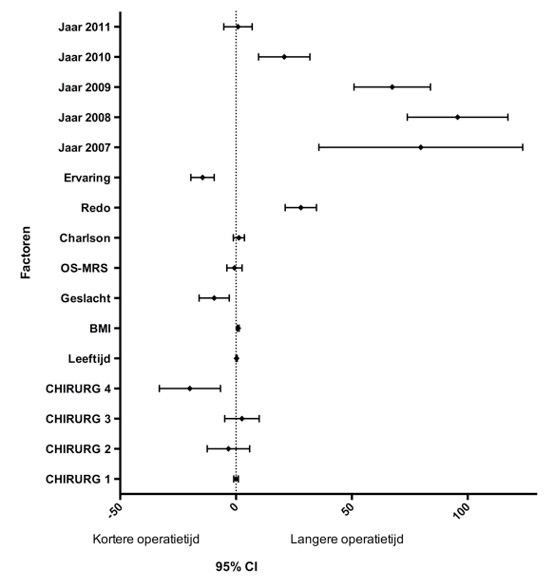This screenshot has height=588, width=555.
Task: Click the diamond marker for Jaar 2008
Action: (x=457, y=118)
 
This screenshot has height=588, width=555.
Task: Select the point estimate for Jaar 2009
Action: (x=392, y=87)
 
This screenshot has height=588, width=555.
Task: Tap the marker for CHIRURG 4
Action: (x=189, y=389)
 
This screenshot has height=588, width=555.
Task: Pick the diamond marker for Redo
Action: (x=300, y=207)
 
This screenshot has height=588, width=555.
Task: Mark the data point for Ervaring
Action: (x=202, y=178)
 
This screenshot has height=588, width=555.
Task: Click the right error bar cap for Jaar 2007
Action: (x=523, y=147)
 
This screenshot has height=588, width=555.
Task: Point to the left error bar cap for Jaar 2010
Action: (x=258, y=57)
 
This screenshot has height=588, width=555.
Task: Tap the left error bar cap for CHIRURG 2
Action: (x=207, y=448)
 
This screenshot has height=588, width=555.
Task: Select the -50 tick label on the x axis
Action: (x=115, y=511)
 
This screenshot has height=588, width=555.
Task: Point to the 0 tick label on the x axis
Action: (x=235, y=507)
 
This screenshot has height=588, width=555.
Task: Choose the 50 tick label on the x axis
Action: (x=348, y=509)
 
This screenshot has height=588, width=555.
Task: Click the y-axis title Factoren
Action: (x=26, y=253)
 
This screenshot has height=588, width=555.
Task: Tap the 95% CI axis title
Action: (x=237, y=566)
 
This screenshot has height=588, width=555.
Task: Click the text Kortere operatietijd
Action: (x=146, y=540)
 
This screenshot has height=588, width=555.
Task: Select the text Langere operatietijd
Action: (x=347, y=540)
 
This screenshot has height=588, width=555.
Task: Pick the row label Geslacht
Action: (x=86, y=298)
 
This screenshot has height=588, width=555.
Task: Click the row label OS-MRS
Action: (x=84, y=268)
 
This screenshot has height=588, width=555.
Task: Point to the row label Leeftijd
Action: (x=89, y=359)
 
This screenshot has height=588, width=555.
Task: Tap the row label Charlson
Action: (x=85, y=238)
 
